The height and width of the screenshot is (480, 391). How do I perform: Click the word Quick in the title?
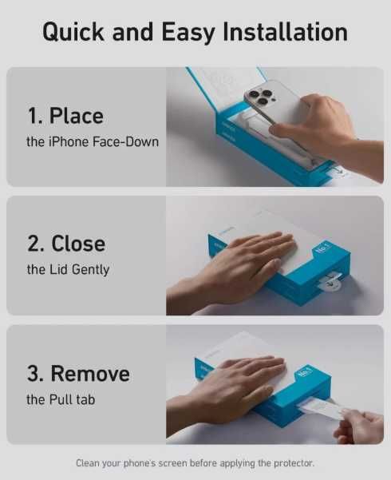pyautogui.click(x=73, y=32)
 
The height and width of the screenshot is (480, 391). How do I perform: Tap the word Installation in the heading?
pyautogui.click(x=285, y=32)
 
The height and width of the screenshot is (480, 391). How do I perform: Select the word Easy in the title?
pyautogui.click(x=188, y=33)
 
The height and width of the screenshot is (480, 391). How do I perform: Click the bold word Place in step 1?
pyautogui.click(x=77, y=116)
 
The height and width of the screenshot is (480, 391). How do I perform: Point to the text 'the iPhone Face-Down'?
pyautogui.click(x=93, y=141)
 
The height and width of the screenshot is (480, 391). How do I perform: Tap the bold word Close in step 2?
pyautogui.click(x=78, y=244)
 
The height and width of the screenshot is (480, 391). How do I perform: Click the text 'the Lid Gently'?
pyautogui.click(x=68, y=270)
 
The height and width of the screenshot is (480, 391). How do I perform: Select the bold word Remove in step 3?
pyautogui.click(x=90, y=374)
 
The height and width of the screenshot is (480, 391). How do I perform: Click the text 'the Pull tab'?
pyautogui.click(x=61, y=399)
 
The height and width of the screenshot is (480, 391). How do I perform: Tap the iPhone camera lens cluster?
pyautogui.click(x=261, y=96)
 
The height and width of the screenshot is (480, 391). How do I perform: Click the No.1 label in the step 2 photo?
pyautogui.click(x=323, y=248)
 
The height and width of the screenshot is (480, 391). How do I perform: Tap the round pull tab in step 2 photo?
pyautogui.click(x=329, y=282)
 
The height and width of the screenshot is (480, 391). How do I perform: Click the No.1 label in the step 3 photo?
pyautogui.click(x=304, y=373)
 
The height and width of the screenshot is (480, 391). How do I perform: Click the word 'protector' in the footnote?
pyautogui.click(x=294, y=463)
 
